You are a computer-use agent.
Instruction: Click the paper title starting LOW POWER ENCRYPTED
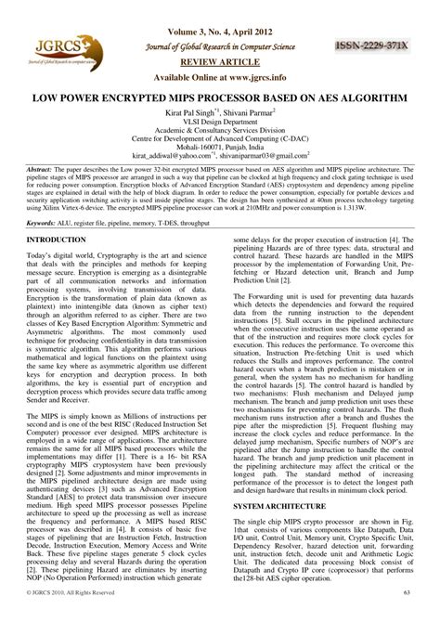click(x=221, y=97)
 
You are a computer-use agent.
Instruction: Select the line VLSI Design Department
click(x=220, y=121)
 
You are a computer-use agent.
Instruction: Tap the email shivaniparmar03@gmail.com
click(x=275, y=159)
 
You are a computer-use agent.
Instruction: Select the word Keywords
click(x=42, y=224)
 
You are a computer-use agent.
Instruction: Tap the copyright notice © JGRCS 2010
click(x=71, y=616)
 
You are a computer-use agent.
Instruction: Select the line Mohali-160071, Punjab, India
click(x=220, y=149)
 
